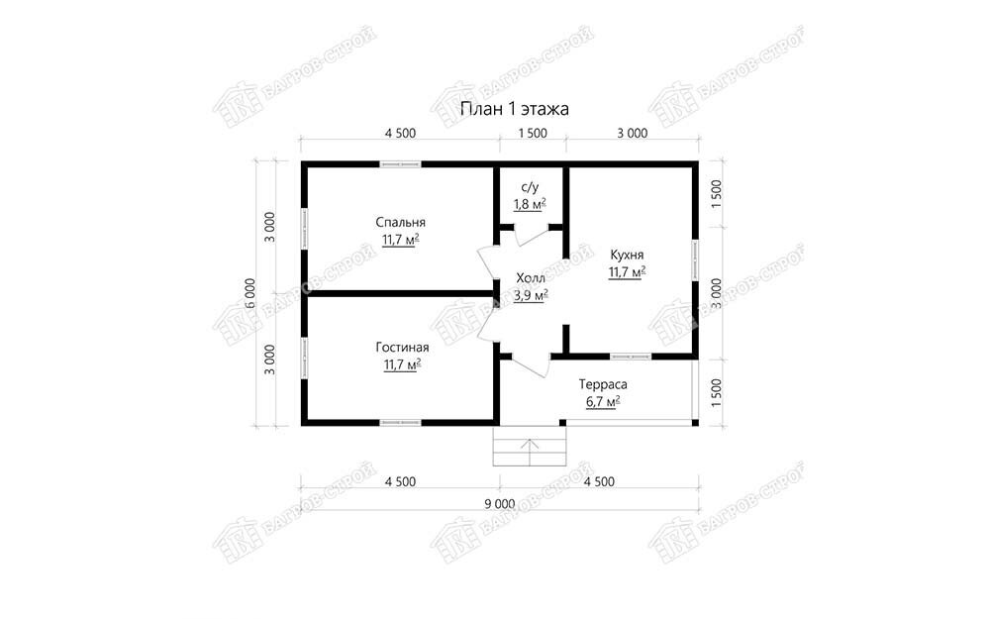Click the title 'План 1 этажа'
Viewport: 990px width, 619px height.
pos(515,109)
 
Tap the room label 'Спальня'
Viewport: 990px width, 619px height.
pos(400,222)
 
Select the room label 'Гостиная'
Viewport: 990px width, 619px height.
pos(402,348)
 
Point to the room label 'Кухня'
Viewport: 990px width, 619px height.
pos(627,255)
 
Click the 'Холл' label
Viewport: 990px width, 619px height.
pos(531,278)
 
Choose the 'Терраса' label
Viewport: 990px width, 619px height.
pos(603,384)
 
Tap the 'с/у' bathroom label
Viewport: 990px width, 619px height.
pos(530,187)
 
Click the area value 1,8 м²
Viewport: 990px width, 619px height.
pos(530,204)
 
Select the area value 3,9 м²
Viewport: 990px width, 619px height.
pos(531,295)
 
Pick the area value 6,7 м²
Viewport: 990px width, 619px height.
pos(603,402)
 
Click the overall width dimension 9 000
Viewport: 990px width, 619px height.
pos(499,504)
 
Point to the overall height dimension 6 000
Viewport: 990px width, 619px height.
pos(250,293)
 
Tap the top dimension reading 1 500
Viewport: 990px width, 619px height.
pos(533,134)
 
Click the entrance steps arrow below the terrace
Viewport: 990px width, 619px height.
pos(530,451)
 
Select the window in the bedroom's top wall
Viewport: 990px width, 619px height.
pos(400,164)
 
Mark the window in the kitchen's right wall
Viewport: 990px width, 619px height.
pos(695,259)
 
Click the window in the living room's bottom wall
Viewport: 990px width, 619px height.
pos(400,422)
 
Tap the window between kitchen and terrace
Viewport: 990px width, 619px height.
pos(631,357)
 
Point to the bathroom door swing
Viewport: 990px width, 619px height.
pos(529,235)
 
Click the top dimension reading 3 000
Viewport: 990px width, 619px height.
pos(632,134)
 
